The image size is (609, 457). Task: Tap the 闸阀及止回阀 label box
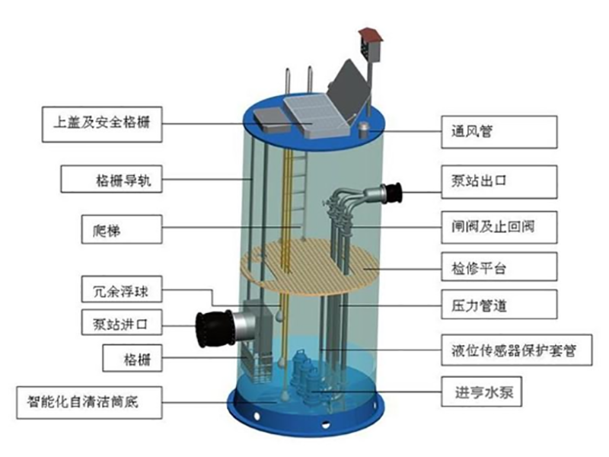point(499,226)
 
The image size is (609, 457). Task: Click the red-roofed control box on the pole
point(371,43)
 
